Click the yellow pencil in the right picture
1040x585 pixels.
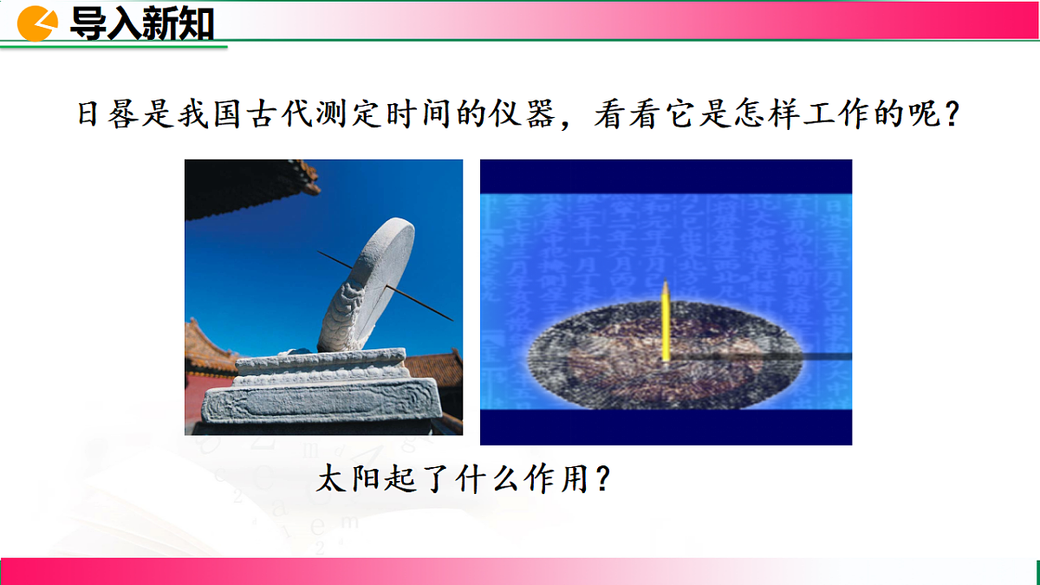[x=665, y=322]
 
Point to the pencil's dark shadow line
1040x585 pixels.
[x=763, y=357]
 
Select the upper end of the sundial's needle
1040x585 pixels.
[x=321, y=253]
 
